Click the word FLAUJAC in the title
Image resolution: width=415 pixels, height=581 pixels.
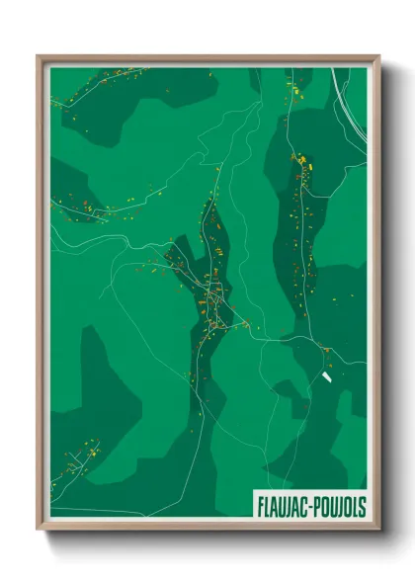[282, 505]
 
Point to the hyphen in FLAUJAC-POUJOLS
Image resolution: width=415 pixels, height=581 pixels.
[309, 506]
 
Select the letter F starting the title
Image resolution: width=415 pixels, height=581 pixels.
[259, 505]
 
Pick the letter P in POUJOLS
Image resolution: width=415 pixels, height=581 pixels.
[316, 505]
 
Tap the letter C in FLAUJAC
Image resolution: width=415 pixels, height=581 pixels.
[303, 505]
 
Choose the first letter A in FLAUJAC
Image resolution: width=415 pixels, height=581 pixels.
[274, 505]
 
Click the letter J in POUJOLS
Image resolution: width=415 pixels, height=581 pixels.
[339, 505]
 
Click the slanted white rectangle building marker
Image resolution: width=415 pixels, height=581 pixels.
[327, 378]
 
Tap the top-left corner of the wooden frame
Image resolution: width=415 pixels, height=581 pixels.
[39, 57]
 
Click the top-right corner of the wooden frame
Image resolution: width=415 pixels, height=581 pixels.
[378, 57]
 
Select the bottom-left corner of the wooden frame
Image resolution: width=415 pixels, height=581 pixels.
[39, 529]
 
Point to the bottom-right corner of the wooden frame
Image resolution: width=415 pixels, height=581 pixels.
[378, 529]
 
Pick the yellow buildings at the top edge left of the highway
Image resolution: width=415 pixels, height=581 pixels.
[294, 89]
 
